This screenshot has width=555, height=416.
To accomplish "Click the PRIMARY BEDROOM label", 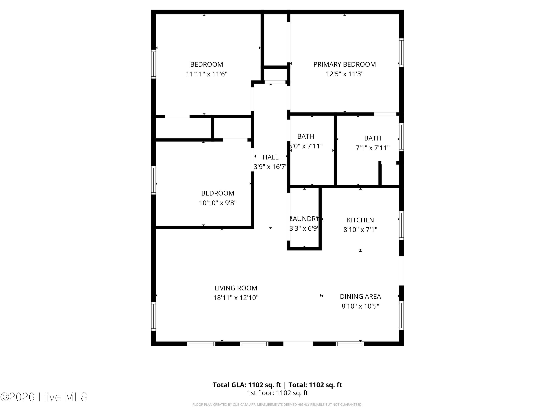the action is (344, 65).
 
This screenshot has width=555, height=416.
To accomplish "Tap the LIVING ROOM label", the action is (236, 288).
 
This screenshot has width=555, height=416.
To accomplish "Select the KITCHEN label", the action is (360, 220).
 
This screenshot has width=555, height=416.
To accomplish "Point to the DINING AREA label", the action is (360, 297).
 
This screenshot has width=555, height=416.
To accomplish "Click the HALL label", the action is (270, 157).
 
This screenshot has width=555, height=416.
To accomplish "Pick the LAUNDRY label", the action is (304, 219).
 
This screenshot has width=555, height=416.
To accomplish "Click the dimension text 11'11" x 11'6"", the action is (206, 74).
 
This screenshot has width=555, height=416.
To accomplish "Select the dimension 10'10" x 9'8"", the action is (218, 203).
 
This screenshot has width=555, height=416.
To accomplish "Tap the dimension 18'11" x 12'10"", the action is (236, 298).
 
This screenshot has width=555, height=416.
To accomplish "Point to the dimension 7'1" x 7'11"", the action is (373, 148).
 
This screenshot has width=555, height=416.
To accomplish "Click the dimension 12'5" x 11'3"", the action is (344, 74).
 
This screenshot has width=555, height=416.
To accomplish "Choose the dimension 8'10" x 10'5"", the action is (360, 306).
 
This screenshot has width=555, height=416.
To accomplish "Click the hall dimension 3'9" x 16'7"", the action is (270, 167).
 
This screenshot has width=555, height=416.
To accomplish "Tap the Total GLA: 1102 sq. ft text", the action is (247, 385).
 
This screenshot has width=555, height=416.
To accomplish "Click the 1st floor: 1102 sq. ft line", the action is (277, 393).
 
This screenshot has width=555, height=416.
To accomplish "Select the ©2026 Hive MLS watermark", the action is (44, 397).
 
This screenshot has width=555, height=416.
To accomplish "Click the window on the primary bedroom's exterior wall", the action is (401, 53).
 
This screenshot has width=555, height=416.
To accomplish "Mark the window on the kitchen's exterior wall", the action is (401, 225).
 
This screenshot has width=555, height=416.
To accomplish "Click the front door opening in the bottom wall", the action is (298, 344).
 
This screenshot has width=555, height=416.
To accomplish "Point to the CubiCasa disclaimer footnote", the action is (277, 405).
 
